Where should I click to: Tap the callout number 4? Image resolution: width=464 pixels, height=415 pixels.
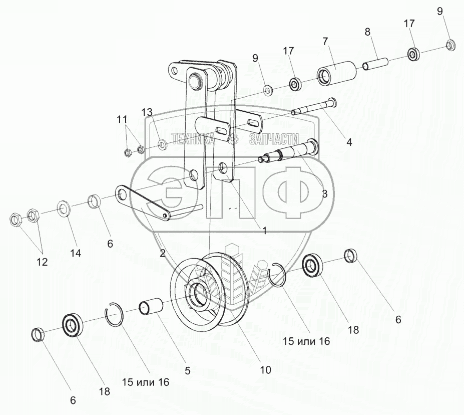pyautogui.click(x=349, y=142)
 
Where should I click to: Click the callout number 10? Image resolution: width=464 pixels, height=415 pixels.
pyautogui.click(x=265, y=370)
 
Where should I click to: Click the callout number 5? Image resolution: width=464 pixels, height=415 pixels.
pyautogui.click(x=188, y=371)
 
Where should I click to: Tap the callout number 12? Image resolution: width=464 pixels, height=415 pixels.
pyautogui.click(x=42, y=261)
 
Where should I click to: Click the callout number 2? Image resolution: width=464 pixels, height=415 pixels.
pyautogui.click(x=162, y=253)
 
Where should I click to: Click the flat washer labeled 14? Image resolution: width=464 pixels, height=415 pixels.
pyautogui.click(x=64, y=207)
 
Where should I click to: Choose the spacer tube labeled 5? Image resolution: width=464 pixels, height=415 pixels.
pyautogui.click(x=152, y=307)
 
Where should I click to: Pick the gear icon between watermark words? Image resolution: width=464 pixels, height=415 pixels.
pyautogui.click(x=232, y=139)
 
